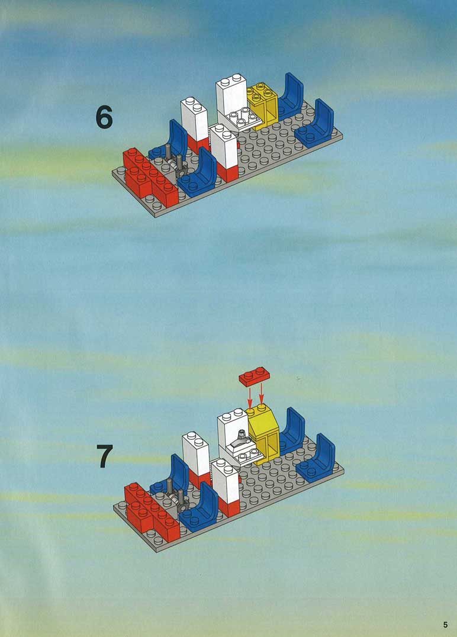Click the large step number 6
(104, 117)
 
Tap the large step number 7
(104, 456)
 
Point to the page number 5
(446, 625)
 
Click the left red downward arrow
(250, 397)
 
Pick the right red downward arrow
(261, 394)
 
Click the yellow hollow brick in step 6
(263, 105)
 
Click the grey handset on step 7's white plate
(239, 442)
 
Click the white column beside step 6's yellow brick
(231, 99)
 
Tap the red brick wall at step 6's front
(151, 177)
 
